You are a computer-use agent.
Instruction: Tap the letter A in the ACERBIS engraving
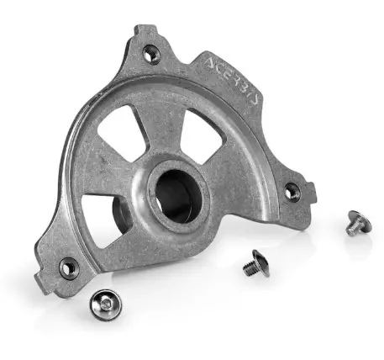[x=210, y=63]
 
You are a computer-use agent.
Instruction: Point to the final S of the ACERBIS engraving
[x=253, y=100]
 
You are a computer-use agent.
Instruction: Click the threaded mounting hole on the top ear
[x=151, y=55]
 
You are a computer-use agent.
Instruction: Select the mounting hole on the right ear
[x=292, y=192]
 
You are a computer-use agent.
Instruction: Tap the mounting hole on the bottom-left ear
[x=69, y=268]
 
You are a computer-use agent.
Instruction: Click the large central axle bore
[x=178, y=196]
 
